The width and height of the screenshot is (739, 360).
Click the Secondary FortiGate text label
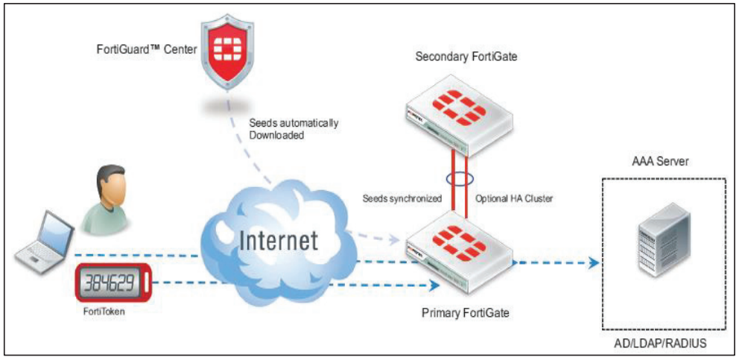[x=457, y=56]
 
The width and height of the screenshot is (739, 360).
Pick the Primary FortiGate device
[x=458, y=250]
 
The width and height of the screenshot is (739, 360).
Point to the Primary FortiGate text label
[x=465, y=313]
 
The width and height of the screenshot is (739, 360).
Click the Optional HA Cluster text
[x=513, y=200]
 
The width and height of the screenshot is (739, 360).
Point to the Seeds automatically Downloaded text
[x=294, y=129]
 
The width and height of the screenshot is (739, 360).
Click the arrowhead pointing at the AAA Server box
[x=594, y=262]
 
